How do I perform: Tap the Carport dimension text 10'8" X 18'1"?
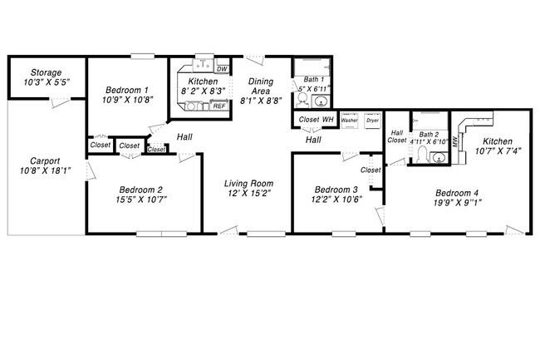pyautogui.click(x=45, y=172)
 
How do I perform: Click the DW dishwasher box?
pyautogui.click(x=222, y=69)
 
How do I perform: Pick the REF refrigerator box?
pyautogui.click(x=219, y=106)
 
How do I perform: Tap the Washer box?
pyautogui.click(x=349, y=120)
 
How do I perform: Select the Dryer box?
pyautogui.click(x=372, y=120)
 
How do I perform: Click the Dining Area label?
pyautogui.click(x=260, y=86)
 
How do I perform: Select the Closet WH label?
pyautogui.click(x=316, y=120)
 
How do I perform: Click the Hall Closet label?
pyautogui.click(x=397, y=136)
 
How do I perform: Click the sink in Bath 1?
pyautogui.click(x=322, y=102)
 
